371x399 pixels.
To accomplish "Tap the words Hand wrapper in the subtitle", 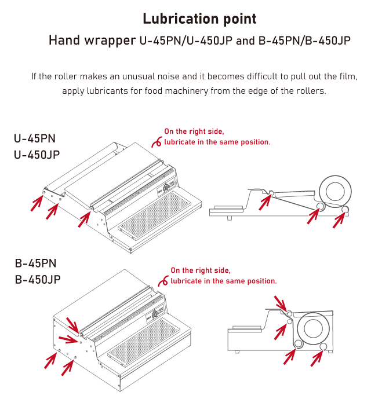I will pos(92,41).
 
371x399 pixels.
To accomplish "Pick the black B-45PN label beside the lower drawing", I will pos(35,263).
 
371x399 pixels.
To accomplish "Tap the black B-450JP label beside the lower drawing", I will pos(38,280).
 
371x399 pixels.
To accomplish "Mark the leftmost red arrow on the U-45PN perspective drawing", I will pos(37,203).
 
